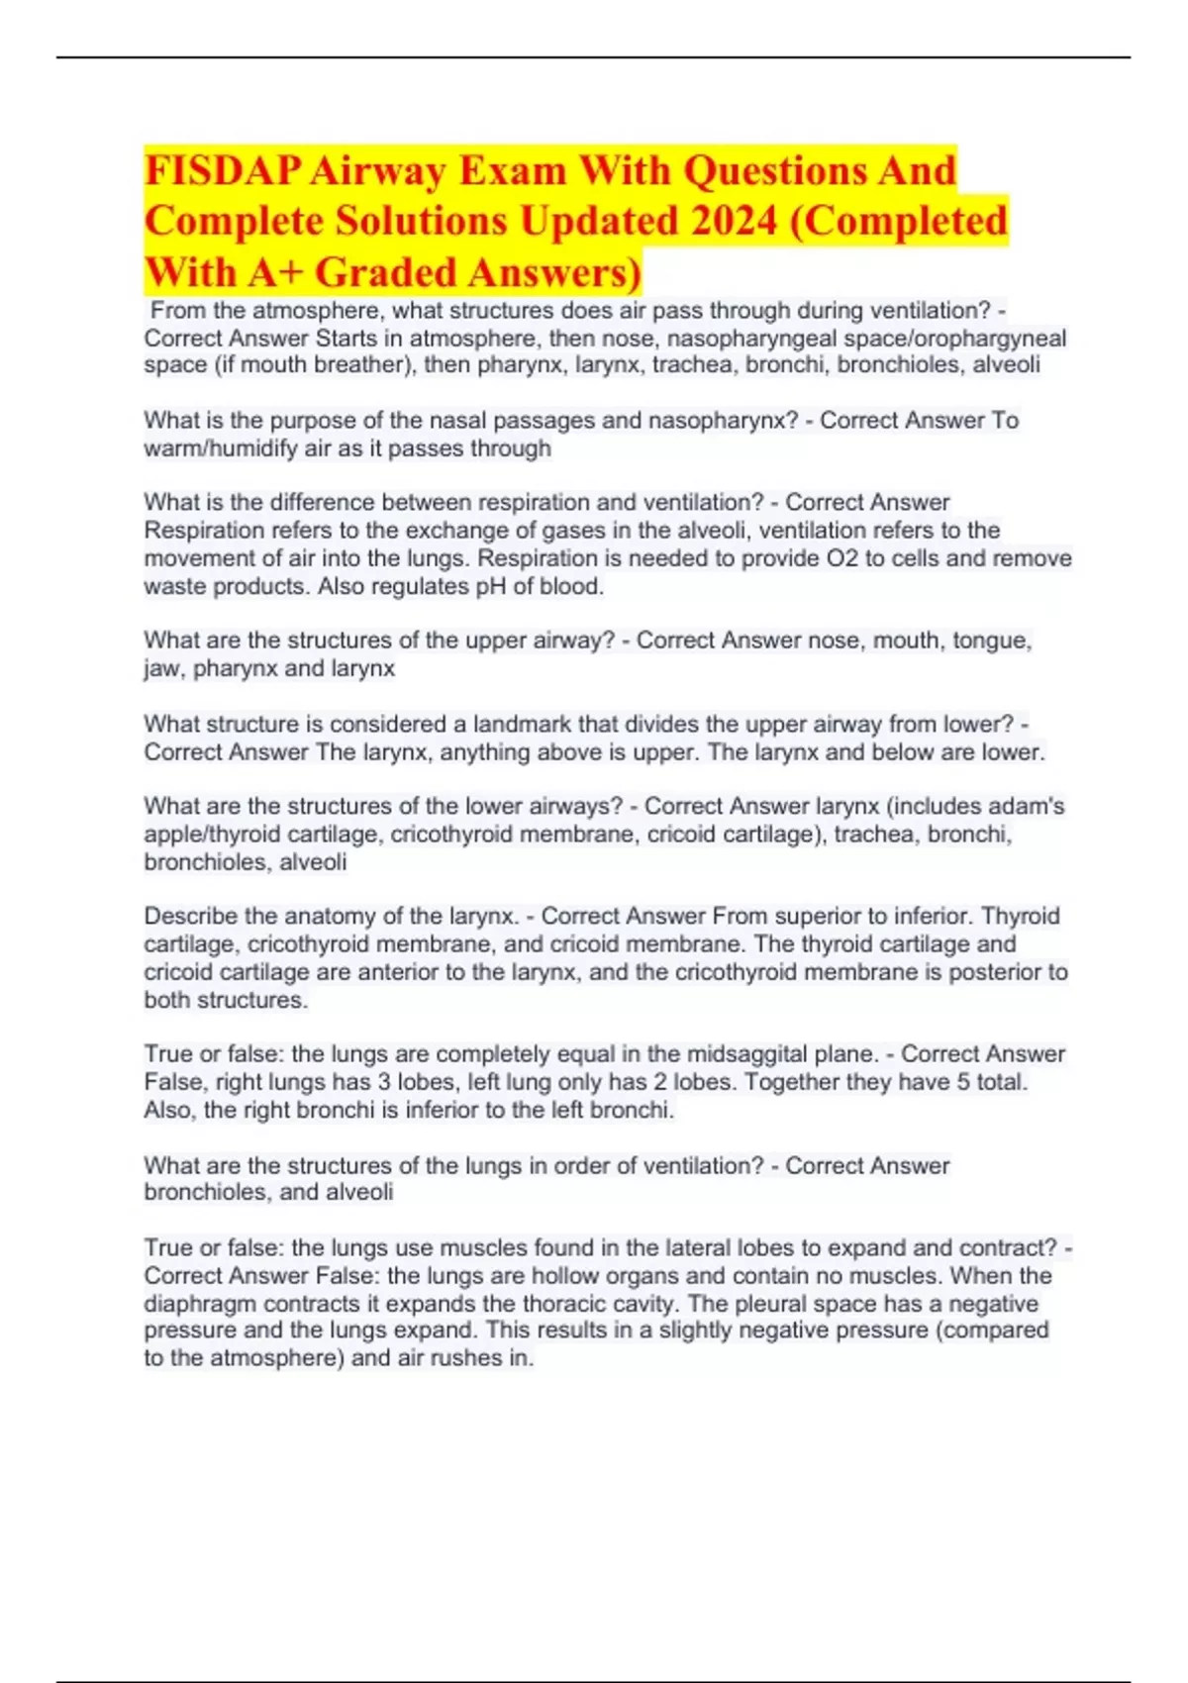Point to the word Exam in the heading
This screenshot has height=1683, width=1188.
(512, 170)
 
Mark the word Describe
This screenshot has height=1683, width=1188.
(190, 916)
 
